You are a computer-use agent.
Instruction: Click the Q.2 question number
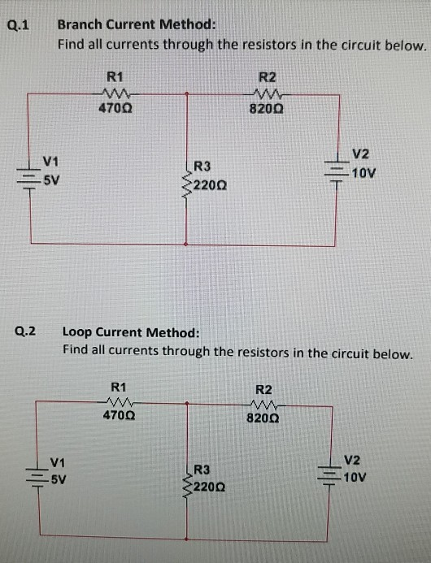tap(26, 331)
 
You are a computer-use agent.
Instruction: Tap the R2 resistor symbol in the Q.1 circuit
tap(268, 92)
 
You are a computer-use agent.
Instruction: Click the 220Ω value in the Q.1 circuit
tap(209, 186)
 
